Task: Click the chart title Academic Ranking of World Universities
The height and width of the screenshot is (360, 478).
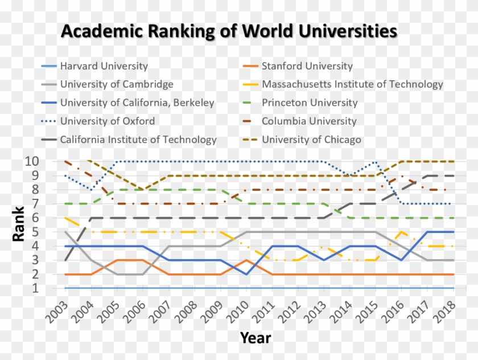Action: [x=229, y=31]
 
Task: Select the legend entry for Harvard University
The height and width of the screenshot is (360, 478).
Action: [x=104, y=66]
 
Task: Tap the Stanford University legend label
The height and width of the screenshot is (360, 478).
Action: [x=307, y=66]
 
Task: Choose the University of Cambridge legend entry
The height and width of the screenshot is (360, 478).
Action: [x=117, y=84]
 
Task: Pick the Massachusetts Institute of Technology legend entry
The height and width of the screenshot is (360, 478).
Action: [x=352, y=84]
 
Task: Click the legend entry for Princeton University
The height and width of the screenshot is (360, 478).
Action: [x=309, y=103]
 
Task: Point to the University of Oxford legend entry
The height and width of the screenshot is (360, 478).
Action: [x=107, y=121]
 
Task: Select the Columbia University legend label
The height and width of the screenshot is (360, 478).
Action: [x=308, y=121]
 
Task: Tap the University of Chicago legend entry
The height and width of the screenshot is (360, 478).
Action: [x=311, y=140]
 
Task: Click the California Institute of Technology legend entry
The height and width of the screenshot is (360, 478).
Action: [x=138, y=140]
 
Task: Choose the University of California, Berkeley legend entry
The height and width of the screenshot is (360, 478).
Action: [x=137, y=103]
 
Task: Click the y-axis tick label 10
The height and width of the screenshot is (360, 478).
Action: [x=32, y=161]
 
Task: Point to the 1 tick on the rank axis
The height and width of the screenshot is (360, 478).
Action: [x=35, y=288]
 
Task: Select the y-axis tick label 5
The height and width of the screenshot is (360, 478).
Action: [x=35, y=232]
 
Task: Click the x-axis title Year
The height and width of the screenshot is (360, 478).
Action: [x=255, y=338]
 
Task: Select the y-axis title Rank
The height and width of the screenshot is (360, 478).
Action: [x=19, y=224]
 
